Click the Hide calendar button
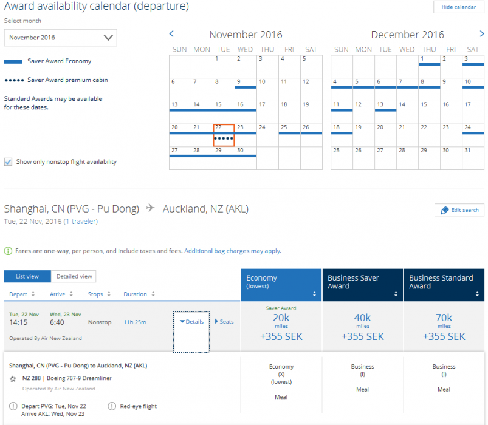458,7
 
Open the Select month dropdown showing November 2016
61,38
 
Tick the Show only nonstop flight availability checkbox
9,162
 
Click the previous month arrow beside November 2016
171,34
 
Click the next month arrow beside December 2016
482,34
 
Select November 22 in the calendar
224,135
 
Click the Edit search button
459,210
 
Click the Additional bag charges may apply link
232,251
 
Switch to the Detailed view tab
74,277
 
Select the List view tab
27,277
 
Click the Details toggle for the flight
191,322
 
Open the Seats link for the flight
224,322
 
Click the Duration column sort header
139,294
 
